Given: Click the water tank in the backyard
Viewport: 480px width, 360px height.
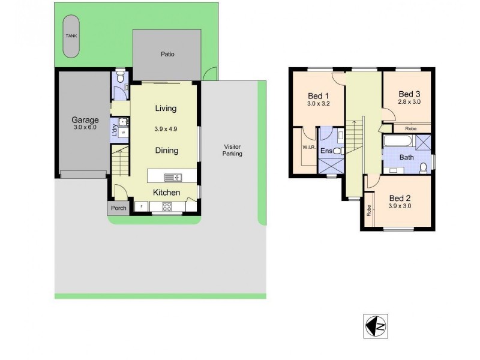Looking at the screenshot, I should coord(71,37).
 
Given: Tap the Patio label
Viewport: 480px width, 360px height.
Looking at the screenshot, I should coord(167,54).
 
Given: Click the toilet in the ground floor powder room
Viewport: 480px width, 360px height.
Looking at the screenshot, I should coord(121,77).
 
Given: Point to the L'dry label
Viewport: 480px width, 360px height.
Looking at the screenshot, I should coord(115,130).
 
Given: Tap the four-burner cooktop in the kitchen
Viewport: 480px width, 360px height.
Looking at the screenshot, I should coord(167,207).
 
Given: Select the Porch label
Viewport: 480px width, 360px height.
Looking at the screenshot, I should coord(118,208).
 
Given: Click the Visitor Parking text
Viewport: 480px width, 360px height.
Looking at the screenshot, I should coord(232,150).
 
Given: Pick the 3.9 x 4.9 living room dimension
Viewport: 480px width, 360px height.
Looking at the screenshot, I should coord(166,129).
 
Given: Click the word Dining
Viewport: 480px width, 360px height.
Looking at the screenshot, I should coord(166,151).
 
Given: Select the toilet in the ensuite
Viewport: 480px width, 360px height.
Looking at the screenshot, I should coord(337,151).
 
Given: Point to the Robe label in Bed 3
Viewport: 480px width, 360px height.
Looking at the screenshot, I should coord(411,128).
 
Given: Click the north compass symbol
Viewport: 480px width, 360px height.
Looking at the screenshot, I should coord(376,325).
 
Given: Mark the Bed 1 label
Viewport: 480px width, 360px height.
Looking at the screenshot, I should coord(318,95).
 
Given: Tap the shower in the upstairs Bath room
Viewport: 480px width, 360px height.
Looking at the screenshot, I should coord(423,142).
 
